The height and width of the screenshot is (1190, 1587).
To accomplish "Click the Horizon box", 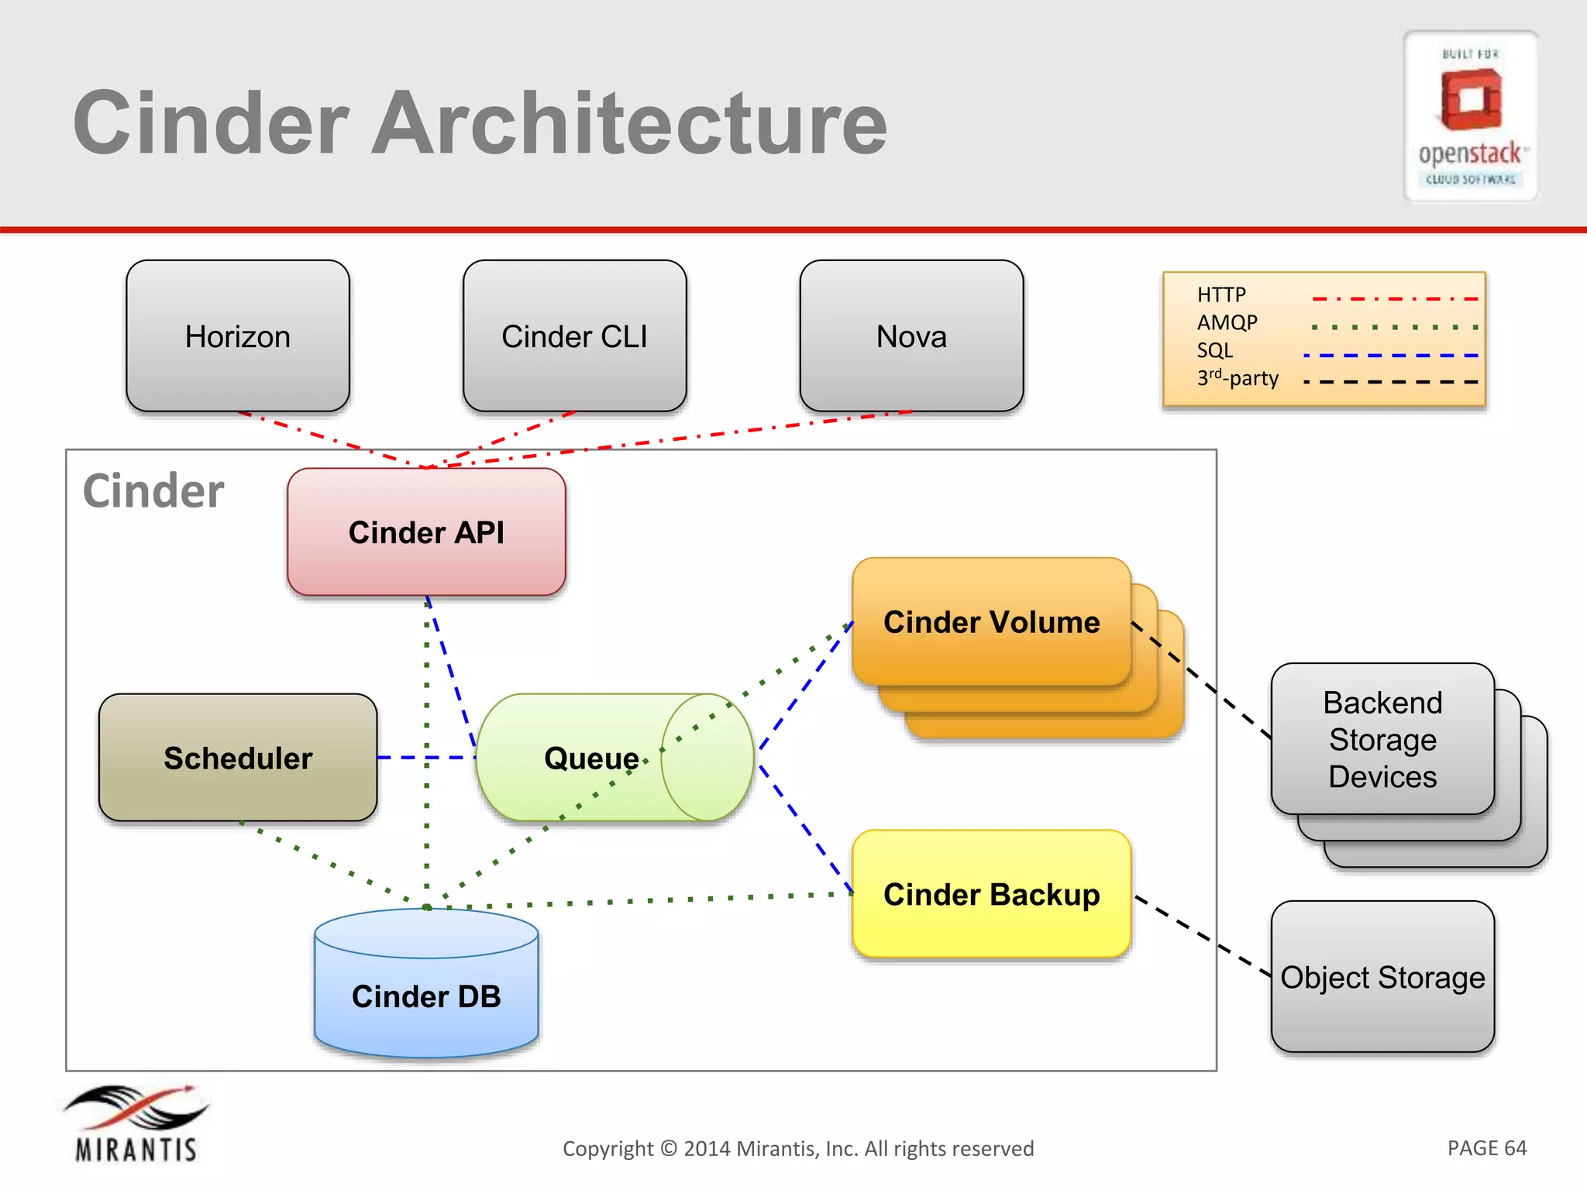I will point(238,336).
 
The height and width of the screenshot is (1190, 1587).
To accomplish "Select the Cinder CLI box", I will point(574,336).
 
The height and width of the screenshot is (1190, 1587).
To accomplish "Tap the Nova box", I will point(911,336).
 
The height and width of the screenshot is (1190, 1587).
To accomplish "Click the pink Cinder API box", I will point(426,532).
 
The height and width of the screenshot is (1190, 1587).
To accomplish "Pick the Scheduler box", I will point(238,758).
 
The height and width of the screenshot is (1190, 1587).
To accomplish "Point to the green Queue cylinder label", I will point(591,758).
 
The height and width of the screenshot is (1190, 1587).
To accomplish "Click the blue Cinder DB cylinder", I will point(426,996).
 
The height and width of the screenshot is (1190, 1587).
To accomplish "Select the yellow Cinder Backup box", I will point(991,894).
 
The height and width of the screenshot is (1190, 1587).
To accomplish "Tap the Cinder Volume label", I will point(991,622).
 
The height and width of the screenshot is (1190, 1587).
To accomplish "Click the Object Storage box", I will point(1382,977).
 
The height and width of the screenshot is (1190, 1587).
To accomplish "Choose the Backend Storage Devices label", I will point(1382,739).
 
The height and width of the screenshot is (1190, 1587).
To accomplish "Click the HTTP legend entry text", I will point(1221,295).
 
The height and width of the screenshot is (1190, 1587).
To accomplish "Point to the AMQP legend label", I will point(1227,322).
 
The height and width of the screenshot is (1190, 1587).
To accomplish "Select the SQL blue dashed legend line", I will point(1391,356).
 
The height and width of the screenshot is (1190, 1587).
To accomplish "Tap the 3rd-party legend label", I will point(1238,378).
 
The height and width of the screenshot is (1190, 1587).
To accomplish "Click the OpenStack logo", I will point(1471,116).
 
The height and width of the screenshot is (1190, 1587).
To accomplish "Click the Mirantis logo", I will point(136,1123).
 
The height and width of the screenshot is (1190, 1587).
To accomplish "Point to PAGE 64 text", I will point(1486,1147).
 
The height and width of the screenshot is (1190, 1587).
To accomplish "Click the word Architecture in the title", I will point(629,124).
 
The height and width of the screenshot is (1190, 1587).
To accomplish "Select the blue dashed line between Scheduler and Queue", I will point(426,758).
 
